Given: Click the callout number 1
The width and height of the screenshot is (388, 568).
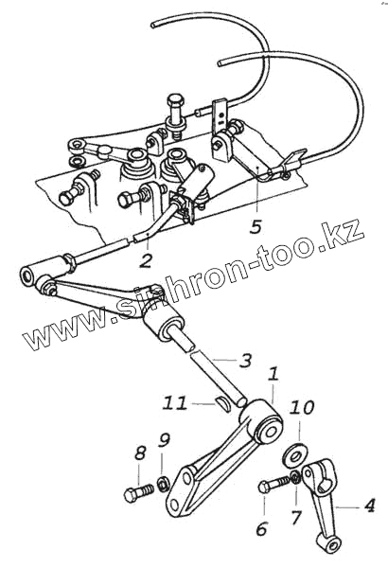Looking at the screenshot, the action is click(x=273, y=374).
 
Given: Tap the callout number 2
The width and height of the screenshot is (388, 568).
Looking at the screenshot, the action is click(x=146, y=260).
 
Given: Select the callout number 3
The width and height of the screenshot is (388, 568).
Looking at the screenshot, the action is click(x=245, y=360).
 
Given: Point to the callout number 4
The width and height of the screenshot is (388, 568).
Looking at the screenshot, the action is click(x=369, y=506).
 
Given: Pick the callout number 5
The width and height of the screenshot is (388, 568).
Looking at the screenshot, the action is click(x=256, y=226).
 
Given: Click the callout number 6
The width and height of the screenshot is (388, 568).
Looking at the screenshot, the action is click(x=261, y=528).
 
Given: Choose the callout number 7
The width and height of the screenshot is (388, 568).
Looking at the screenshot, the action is click(x=296, y=517).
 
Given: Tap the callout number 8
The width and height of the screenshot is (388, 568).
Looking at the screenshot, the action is click(x=140, y=453).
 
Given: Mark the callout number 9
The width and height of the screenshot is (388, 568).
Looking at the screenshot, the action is click(x=164, y=440).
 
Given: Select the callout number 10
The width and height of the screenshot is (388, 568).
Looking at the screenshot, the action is click(x=301, y=408).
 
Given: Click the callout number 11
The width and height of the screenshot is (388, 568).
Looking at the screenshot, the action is click(x=175, y=403).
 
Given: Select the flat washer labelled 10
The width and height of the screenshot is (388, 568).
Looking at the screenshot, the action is click(x=293, y=455).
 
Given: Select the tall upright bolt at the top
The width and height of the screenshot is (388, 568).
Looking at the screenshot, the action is click(x=176, y=115).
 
